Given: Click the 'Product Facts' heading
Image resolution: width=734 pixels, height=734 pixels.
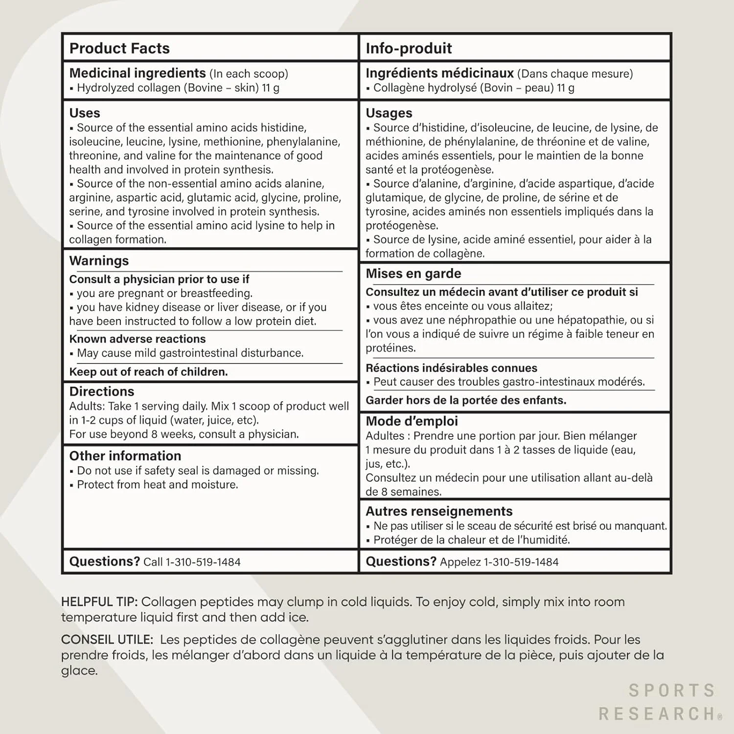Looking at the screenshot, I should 119,48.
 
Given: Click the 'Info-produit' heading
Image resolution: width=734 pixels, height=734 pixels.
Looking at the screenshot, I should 409,48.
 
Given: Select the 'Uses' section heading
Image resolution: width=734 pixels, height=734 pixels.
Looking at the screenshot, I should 85,113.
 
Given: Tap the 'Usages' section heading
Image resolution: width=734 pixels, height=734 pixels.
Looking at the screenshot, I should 389,113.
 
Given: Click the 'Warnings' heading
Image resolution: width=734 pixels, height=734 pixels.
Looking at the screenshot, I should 99,261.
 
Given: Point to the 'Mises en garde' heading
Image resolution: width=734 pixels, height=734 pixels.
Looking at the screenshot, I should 413,274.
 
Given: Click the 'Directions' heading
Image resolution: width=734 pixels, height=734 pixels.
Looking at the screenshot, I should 102,391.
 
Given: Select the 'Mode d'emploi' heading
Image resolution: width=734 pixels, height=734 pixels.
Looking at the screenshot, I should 412,421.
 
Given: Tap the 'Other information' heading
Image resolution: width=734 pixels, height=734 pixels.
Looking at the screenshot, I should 125,456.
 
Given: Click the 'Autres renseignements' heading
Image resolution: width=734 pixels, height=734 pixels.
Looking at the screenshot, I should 439,511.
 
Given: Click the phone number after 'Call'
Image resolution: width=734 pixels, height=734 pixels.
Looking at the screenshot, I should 203,562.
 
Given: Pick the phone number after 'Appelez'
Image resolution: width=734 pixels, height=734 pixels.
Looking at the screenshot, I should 521,562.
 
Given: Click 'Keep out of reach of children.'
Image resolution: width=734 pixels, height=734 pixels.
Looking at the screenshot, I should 149,372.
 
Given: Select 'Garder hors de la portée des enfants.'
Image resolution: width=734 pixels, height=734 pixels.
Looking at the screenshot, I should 466,400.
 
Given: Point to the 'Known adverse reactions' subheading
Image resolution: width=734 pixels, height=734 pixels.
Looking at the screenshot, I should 138,339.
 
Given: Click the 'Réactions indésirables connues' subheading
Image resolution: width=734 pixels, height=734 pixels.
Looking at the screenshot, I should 451,368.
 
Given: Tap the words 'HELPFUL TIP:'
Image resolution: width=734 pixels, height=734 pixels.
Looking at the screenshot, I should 99,602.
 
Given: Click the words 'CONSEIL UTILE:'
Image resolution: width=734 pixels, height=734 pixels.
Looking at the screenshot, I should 107,640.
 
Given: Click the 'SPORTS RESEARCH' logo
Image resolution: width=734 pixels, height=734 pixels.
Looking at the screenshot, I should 660,702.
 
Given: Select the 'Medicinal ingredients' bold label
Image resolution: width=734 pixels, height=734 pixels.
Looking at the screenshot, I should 138,73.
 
